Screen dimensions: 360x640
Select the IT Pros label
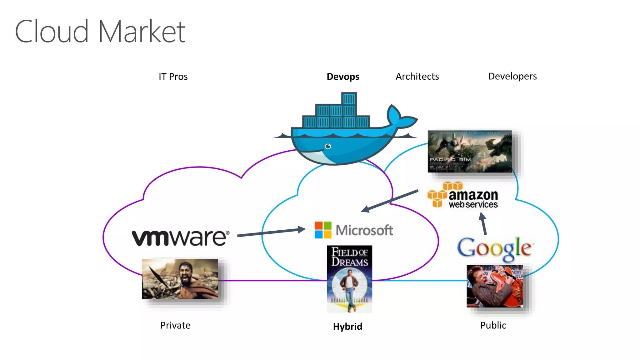(x=173, y=77)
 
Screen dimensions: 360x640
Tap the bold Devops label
(x=343, y=77)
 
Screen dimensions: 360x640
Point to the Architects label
(x=417, y=76)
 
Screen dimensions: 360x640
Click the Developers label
(x=512, y=76)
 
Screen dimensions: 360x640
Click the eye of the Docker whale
(x=328, y=146)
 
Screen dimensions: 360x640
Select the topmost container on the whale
(x=349, y=99)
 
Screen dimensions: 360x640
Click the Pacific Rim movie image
(x=469, y=151)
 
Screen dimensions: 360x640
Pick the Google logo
(x=494, y=248)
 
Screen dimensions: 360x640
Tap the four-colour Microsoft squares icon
(x=323, y=230)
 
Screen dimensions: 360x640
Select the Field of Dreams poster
(x=349, y=279)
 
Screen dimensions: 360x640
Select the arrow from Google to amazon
(x=483, y=224)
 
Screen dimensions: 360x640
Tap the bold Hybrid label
(x=347, y=327)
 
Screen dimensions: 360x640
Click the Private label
(x=175, y=325)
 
